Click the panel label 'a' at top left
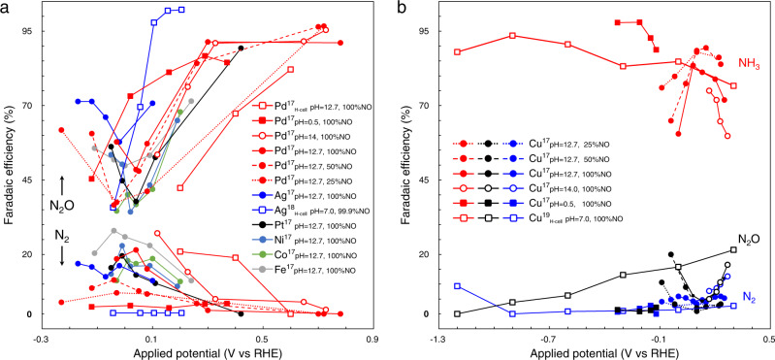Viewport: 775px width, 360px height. (7, 9)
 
